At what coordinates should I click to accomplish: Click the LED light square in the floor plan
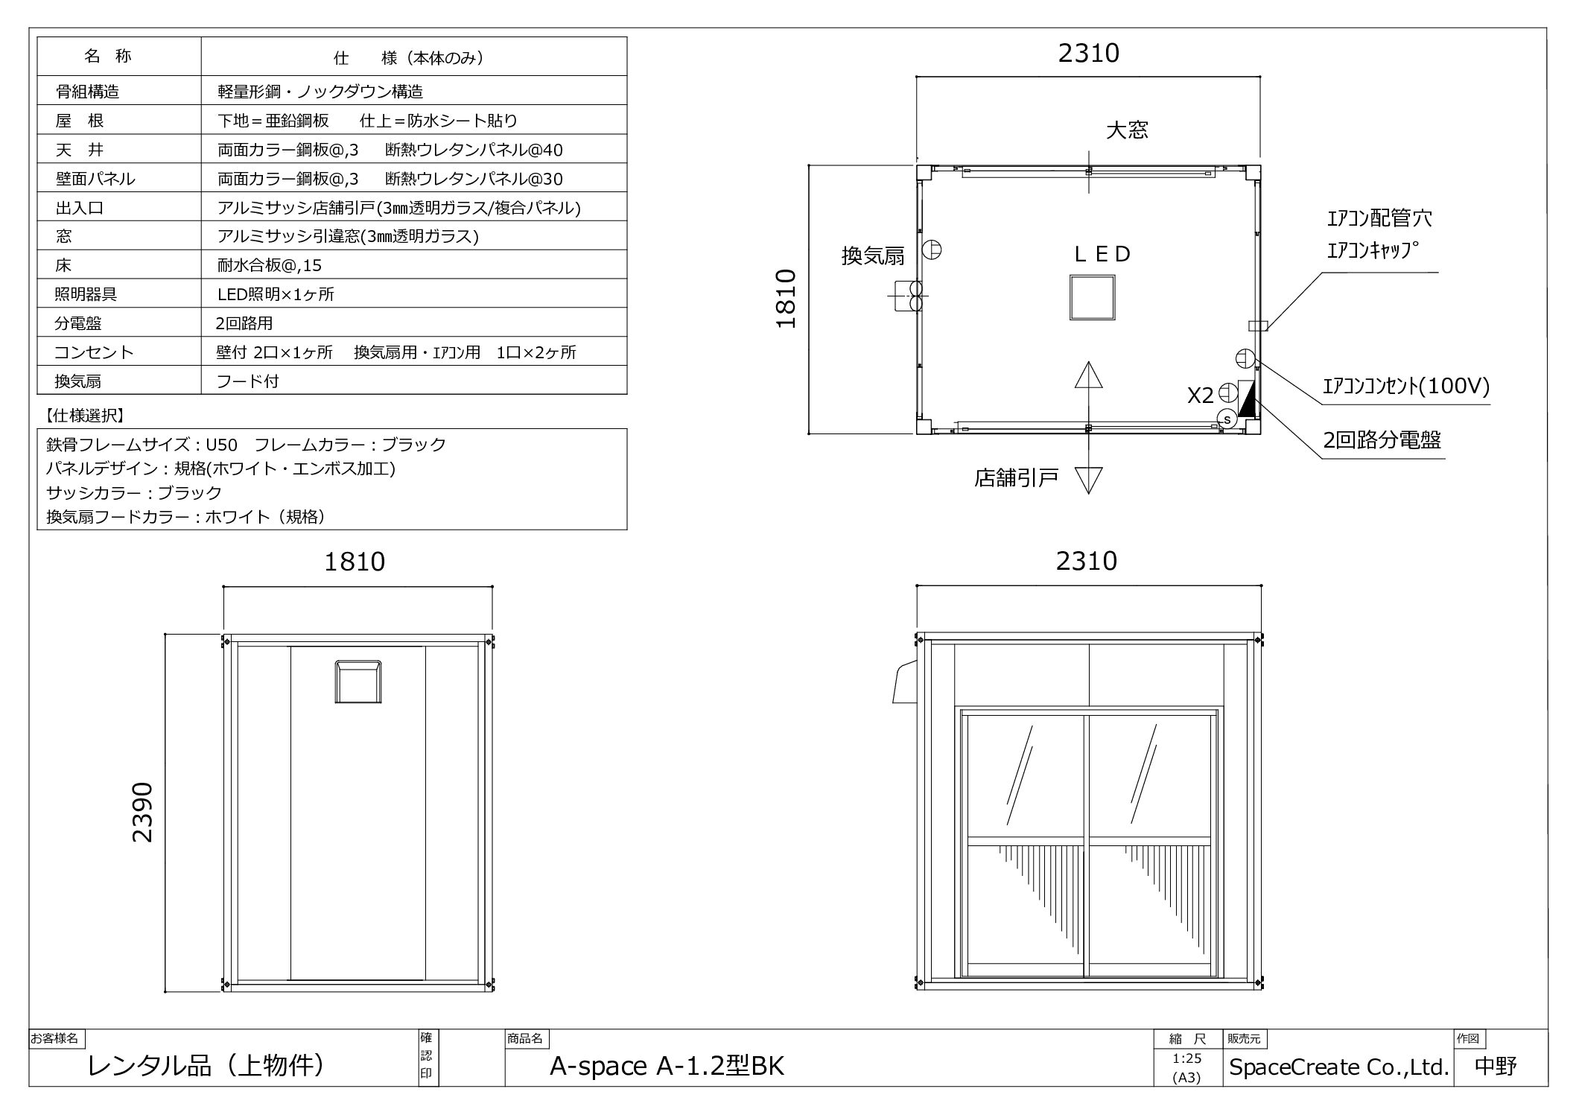(1092, 297)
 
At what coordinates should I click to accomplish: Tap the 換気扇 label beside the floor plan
(873, 256)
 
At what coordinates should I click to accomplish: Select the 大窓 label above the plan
(1127, 130)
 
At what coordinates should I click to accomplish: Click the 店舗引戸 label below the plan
(1016, 477)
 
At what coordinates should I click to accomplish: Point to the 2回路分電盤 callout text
(1382, 439)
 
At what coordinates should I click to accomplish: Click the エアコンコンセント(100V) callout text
(1405, 386)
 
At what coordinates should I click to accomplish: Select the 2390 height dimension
(142, 813)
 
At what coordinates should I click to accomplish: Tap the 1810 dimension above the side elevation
(355, 561)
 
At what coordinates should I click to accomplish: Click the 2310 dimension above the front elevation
(1087, 561)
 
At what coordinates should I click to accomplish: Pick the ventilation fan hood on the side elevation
(358, 682)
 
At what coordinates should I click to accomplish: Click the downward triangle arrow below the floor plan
(1089, 480)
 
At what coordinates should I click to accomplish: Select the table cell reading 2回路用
(244, 323)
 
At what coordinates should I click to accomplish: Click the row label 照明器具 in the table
(86, 294)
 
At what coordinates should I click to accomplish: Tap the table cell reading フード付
(247, 381)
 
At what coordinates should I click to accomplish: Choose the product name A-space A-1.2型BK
(667, 1067)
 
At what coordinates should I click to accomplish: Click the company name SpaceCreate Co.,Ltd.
(1338, 1067)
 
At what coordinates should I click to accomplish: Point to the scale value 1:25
(1186, 1059)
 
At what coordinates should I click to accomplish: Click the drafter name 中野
(1496, 1067)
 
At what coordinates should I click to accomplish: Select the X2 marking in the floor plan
(1201, 396)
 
